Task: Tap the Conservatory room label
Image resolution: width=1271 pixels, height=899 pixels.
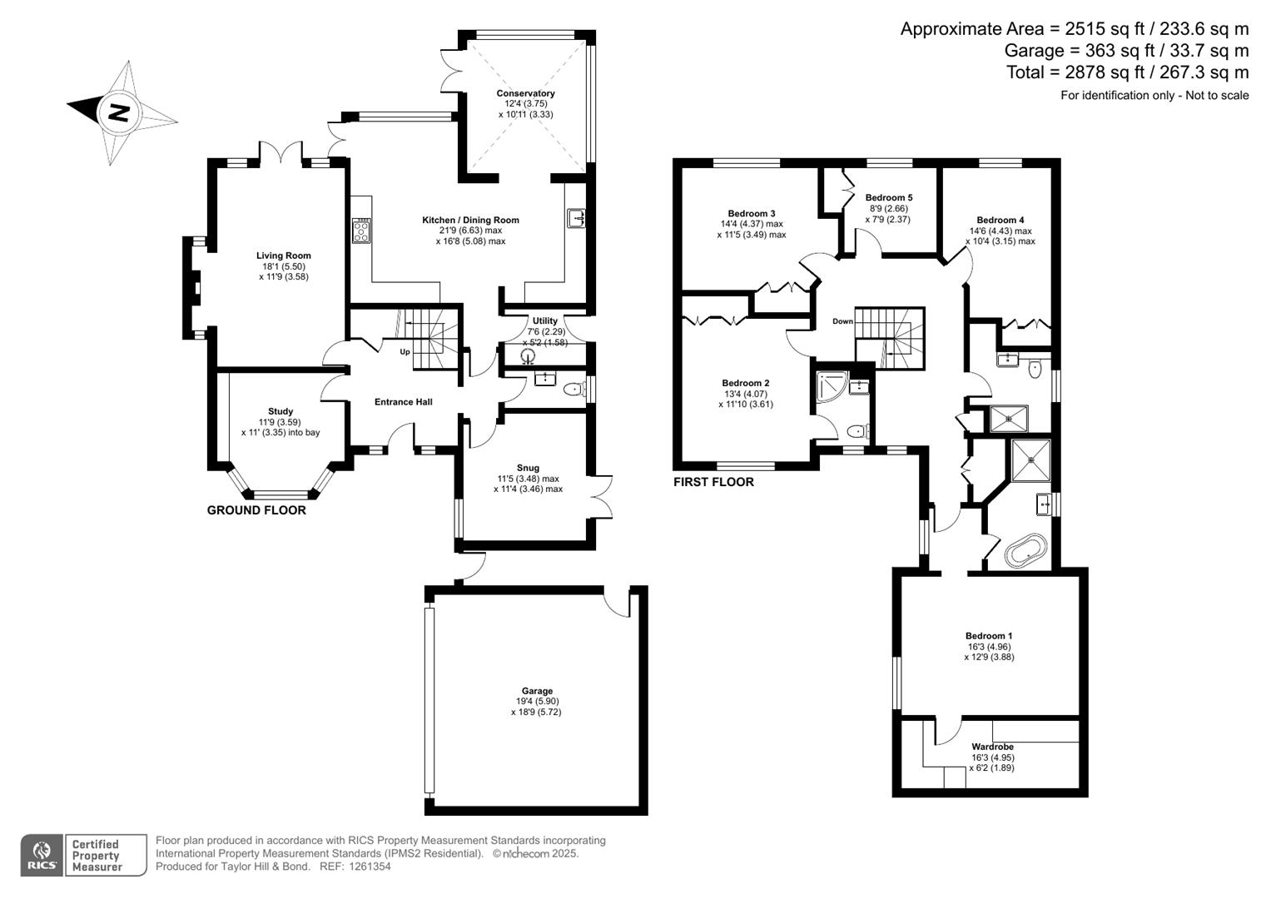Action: tap(525, 93)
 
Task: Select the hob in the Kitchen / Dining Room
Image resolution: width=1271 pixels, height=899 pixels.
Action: tap(361, 230)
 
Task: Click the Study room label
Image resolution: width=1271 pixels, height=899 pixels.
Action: tap(281, 411)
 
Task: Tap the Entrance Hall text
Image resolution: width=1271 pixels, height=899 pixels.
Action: tap(403, 402)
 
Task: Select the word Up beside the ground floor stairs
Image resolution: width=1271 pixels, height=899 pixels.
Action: tap(405, 351)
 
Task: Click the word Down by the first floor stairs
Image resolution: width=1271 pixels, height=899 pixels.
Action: tap(842, 321)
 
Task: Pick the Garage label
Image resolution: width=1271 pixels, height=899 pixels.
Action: tap(537, 691)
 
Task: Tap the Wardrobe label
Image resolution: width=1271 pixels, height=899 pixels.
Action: tap(992, 747)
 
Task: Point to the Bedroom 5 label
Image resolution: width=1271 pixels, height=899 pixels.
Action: tap(888, 197)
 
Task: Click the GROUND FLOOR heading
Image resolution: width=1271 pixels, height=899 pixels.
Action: tap(256, 510)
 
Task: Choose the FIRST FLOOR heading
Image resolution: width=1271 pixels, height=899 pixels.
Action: tap(713, 482)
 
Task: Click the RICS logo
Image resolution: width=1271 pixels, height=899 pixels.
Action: tap(41, 855)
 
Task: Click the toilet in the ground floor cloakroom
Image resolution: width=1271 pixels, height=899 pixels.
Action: tap(573, 389)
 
